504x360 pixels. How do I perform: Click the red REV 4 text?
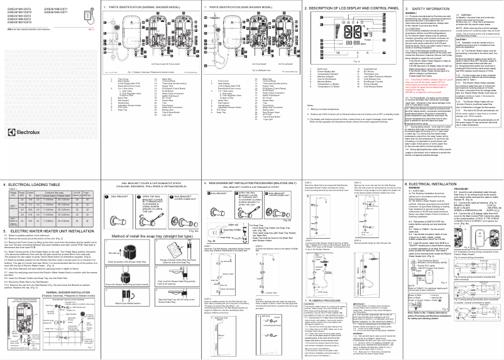coord(92,30)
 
